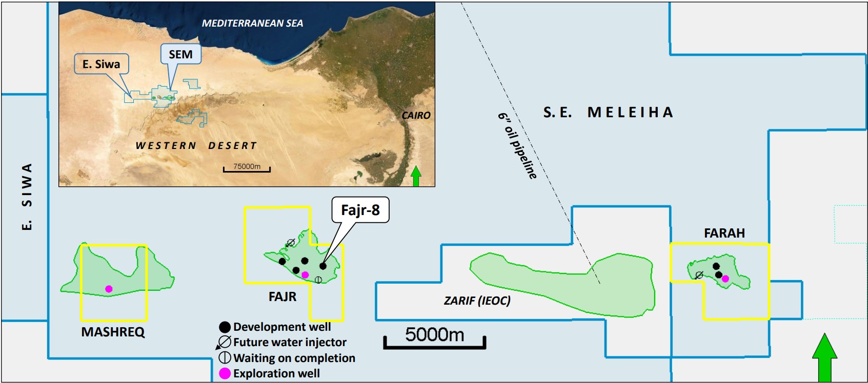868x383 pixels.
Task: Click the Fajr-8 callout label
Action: [x=360, y=210]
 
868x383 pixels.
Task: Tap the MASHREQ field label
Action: [x=113, y=332]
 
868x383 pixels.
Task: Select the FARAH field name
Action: [x=724, y=233]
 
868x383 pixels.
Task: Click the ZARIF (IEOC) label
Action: [x=477, y=301]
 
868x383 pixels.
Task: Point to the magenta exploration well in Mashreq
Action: [x=109, y=289]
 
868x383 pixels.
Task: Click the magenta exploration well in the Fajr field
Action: [x=305, y=275]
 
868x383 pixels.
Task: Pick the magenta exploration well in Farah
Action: [x=725, y=279]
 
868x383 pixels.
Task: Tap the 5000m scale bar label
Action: [x=434, y=335]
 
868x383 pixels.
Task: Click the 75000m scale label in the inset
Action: [x=247, y=166]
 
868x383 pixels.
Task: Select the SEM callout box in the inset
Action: [x=180, y=54]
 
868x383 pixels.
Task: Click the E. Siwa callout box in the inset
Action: [x=101, y=64]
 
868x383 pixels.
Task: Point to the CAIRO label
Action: [x=416, y=115]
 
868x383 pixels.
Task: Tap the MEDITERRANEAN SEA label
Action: [x=252, y=23]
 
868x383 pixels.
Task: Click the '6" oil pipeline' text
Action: [x=517, y=145]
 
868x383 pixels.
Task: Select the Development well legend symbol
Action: [x=225, y=327]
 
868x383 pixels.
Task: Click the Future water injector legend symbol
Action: [x=225, y=343]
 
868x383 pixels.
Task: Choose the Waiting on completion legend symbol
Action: [x=225, y=358]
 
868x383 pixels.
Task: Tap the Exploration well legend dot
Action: [x=225, y=374]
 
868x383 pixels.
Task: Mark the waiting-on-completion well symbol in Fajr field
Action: [x=318, y=280]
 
